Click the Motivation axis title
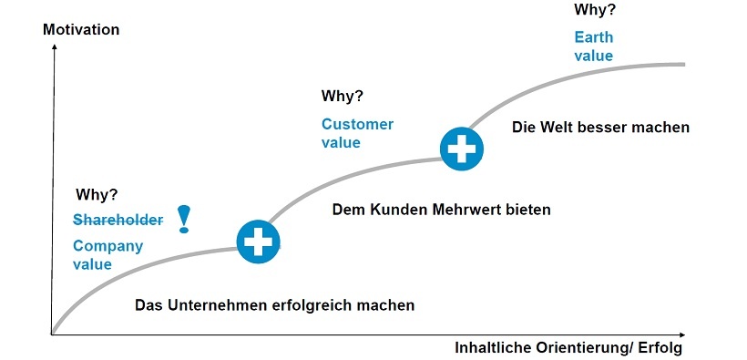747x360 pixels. (81, 29)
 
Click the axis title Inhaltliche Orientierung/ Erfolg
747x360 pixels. (568, 349)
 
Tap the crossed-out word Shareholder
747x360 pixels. (118, 220)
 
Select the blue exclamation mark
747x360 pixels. (184, 219)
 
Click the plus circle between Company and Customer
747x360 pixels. (258, 242)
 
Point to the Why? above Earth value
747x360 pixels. (595, 10)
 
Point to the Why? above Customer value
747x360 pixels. (343, 96)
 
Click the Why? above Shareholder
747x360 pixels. (97, 193)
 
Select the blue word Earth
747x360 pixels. (593, 37)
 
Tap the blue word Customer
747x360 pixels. (357, 124)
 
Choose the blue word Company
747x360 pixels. (107, 246)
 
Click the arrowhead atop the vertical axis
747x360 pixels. (54, 46)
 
